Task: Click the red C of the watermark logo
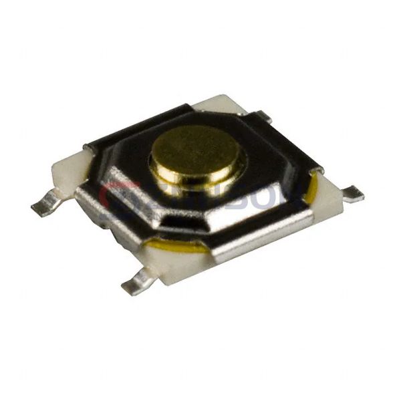tap(110, 196)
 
